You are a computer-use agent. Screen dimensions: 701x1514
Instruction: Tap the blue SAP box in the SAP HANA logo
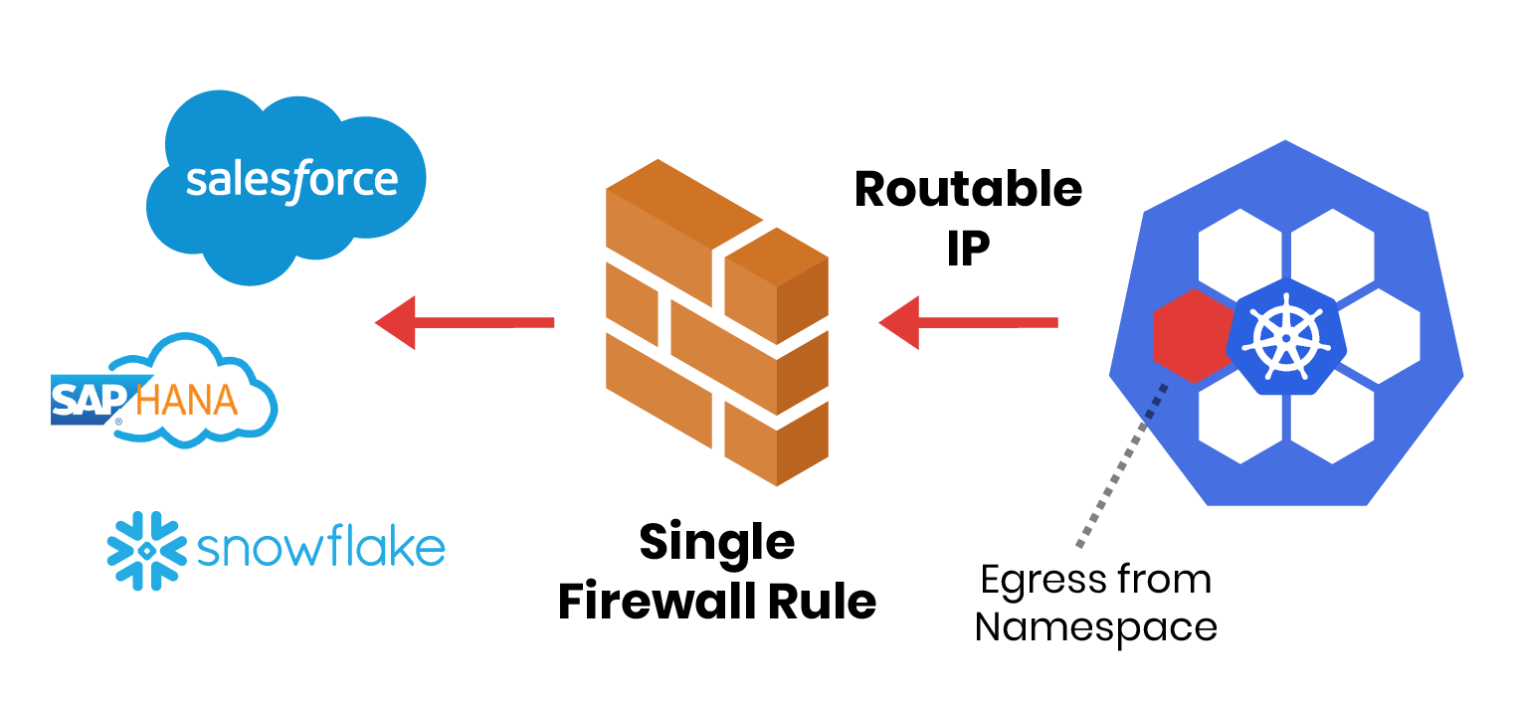pos(88,400)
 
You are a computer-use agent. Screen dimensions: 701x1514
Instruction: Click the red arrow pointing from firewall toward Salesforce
pos(464,322)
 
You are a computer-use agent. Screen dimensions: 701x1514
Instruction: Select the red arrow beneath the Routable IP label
pos(967,322)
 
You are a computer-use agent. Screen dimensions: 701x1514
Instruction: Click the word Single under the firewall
pos(716,543)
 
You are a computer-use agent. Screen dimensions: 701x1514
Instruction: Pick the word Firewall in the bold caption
pos(651,602)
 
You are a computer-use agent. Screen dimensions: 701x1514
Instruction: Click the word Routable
pos(968,189)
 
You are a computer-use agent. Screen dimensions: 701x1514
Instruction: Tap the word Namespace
pos(1095,627)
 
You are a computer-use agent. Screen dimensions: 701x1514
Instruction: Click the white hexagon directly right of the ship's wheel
pos(1378,336)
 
